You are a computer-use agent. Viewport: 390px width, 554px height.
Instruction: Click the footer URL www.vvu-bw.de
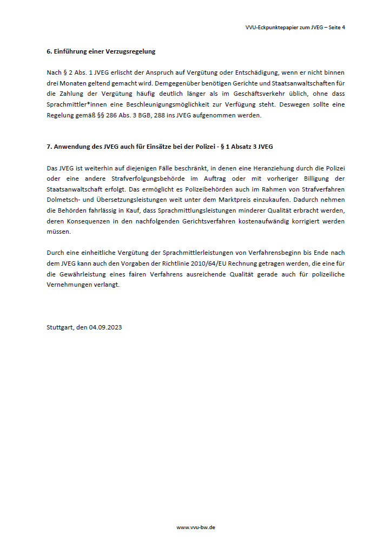click(195, 527)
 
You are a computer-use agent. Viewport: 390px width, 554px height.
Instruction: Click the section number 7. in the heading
click(49, 147)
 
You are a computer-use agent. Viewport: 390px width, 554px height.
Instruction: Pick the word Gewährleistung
click(84, 274)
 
